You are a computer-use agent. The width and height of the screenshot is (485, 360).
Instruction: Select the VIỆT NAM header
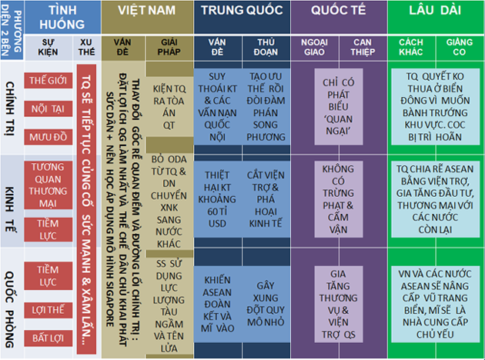pyautogui.click(x=146, y=12)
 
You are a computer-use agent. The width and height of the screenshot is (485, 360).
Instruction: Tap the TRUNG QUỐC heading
pyautogui.click(x=242, y=12)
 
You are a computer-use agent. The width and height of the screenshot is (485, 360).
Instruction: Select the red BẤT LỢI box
pyautogui.click(x=47, y=338)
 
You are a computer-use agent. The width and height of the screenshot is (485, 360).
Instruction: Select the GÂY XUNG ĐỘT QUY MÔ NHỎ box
pyautogui.click(x=266, y=295)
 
